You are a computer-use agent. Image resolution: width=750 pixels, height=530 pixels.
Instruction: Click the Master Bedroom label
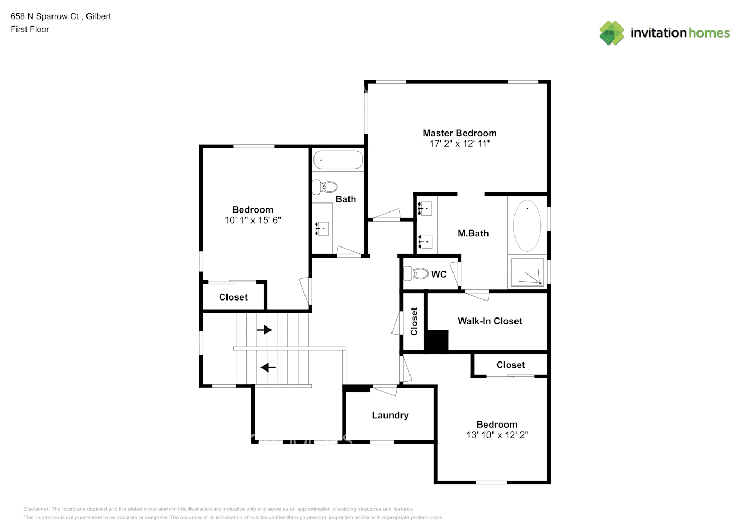pyautogui.click(x=459, y=133)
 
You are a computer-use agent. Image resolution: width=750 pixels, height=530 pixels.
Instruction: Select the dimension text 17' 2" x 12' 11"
pyautogui.click(x=459, y=144)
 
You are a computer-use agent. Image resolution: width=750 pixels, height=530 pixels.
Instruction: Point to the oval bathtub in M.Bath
pyautogui.click(x=527, y=225)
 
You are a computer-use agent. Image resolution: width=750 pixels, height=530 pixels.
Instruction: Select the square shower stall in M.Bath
pyautogui.click(x=527, y=272)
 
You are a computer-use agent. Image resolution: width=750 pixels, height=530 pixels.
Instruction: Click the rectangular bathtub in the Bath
pyautogui.click(x=337, y=160)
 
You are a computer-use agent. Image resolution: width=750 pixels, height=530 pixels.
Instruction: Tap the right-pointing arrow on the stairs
pyautogui.click(x=264, y=330)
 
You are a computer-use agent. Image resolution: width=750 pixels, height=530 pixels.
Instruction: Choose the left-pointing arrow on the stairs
pyautogui.click(x=268, y=367)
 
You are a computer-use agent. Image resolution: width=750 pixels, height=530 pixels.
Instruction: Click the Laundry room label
pyautogui.click(x=390, y=416)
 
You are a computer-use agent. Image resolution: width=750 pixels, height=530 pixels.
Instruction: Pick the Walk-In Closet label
pyautogui.click(x=490, y=321)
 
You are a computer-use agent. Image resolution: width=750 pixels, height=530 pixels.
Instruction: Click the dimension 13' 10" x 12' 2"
pyautogui.click(x=496, y=435)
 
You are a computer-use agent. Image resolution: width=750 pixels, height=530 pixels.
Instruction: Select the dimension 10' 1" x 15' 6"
pyautogui.click(x=252, y=220)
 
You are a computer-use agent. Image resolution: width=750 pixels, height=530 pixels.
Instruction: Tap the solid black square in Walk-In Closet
pyautogui.click(x=437, y=341)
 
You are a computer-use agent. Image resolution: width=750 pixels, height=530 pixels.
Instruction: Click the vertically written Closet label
pyautogui.click(x=414, y=321)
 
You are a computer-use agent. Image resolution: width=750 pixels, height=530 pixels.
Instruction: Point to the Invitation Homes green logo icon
pyautogui.click(x=612, y=33)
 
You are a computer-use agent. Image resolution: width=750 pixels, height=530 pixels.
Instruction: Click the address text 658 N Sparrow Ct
pyautogui.click(x=45, y=16)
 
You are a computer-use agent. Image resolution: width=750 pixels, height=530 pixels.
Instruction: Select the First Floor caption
pyautogui.click(x=30, y=29)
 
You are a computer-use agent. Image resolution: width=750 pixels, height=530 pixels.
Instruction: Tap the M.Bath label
pyautogui.click(x=473, y=233)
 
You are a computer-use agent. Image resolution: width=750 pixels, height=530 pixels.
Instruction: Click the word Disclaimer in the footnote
pyautogui.click(x=36, y=509)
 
